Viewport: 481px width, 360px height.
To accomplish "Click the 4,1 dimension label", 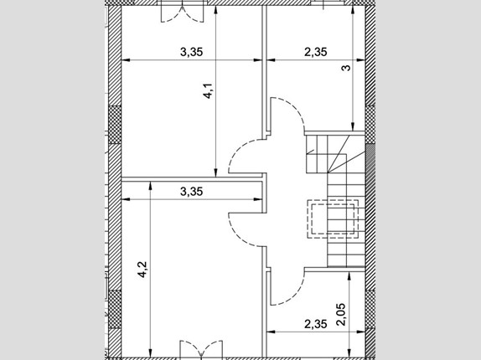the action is (x=208, y=90).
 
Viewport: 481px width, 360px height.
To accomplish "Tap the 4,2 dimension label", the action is (x=142, y=270).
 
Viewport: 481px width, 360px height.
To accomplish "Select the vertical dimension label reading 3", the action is (x=346, y=68).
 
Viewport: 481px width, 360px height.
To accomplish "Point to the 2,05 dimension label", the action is (x=341, y=314).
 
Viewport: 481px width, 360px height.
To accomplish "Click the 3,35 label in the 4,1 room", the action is (x=191, y=52).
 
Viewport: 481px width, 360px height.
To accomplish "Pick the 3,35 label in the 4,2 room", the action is (x=191, y=192).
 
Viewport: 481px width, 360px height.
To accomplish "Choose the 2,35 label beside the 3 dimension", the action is (x=316, y=52).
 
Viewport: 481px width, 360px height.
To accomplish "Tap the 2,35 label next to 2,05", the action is (x=316, y=324).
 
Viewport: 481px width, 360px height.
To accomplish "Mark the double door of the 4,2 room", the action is (x=201, y=348).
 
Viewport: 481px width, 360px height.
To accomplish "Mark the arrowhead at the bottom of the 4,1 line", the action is (x=215, y=173).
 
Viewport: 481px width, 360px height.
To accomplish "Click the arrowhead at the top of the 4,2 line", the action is (x=150, y=186).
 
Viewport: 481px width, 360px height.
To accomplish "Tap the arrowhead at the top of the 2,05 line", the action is (x=349, y=276).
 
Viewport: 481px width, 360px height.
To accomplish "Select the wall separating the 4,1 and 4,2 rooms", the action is (x=193, y=179).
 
